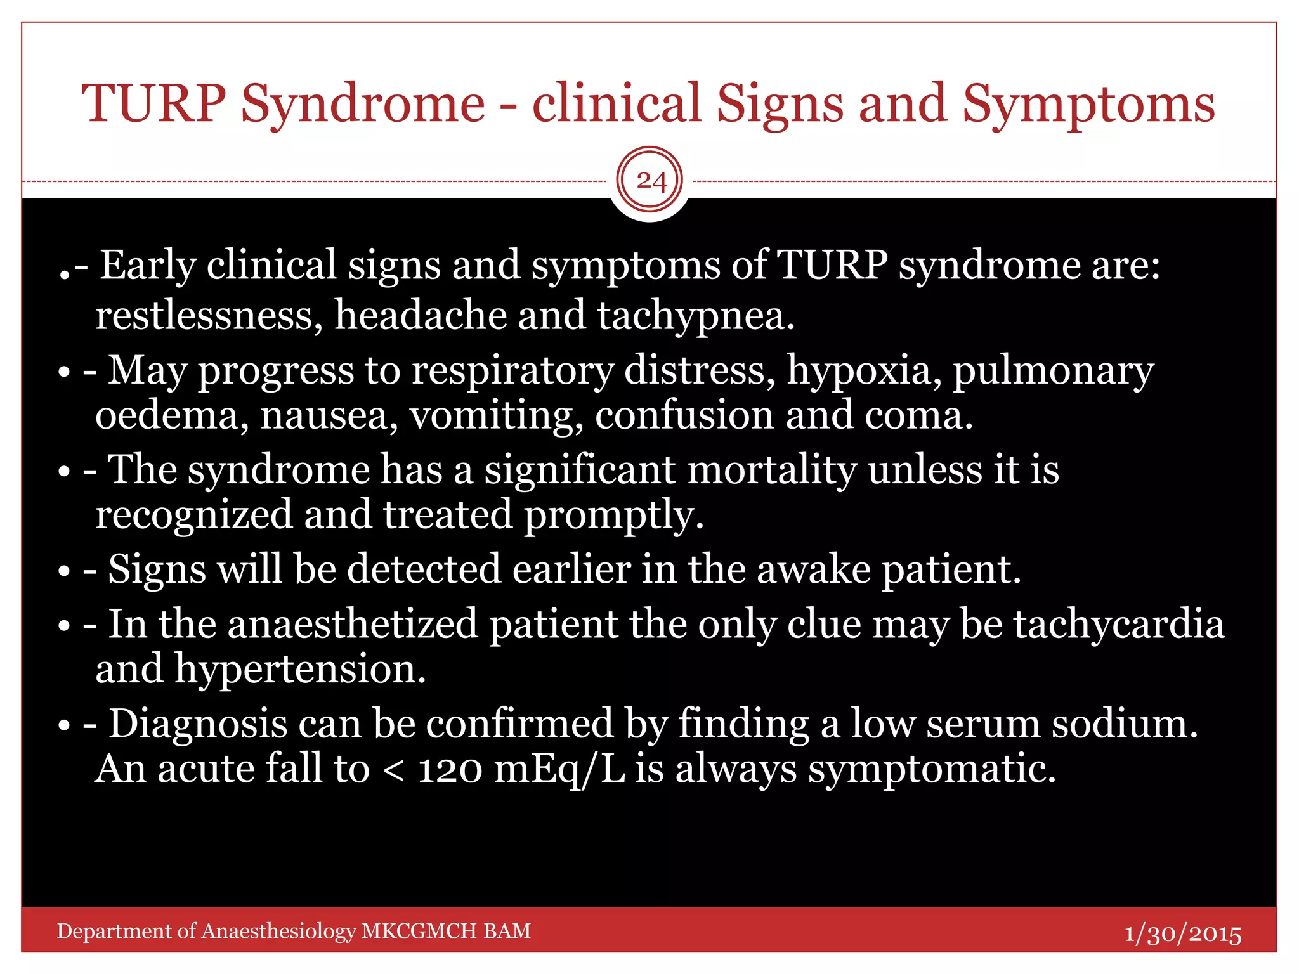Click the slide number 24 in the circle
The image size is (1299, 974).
coord(650,181)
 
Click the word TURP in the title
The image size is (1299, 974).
coord(153,103)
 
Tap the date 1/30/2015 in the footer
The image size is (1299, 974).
coord(1182,933)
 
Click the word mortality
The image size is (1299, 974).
coord(771,470)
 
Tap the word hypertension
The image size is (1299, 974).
coord(300,670)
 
